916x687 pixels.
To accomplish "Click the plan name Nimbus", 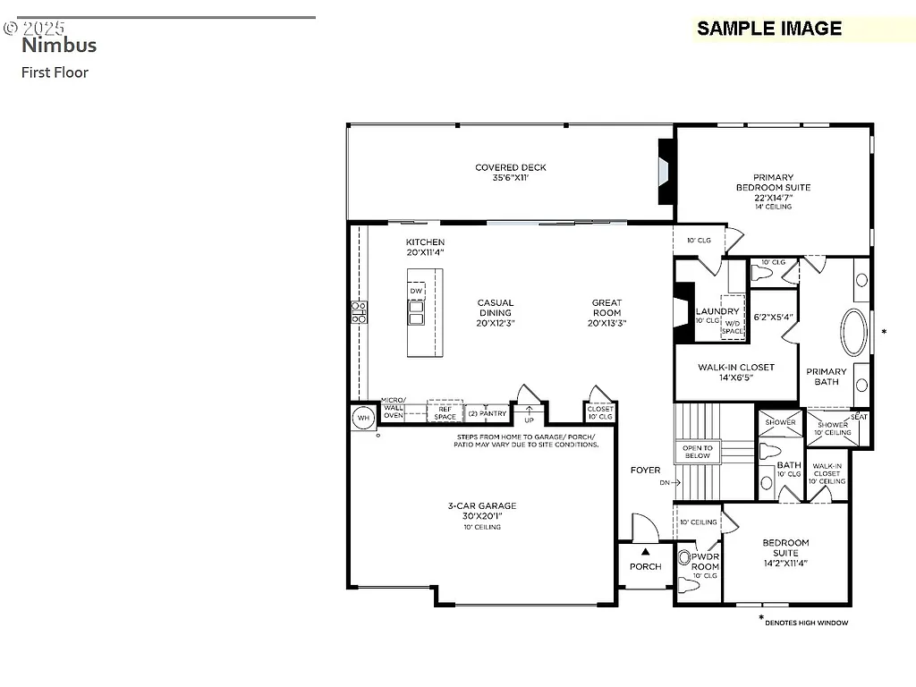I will [x=59, y=45].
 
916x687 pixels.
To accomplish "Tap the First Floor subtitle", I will [x=55, y=72].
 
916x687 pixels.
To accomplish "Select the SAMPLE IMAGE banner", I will [x=769, y=29].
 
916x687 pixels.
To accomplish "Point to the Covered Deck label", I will [x=510, y=173].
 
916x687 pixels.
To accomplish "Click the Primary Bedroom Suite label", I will [x=773, y=187].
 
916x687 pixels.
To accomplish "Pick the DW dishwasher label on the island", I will [x=416, y=292].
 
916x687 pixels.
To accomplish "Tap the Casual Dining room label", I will [x=496, y=312].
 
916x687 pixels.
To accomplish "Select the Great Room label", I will [x=606, y=312].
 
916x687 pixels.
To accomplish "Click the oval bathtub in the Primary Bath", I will [x=854, y=333].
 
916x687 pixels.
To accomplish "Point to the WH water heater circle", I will [x=363, y=417].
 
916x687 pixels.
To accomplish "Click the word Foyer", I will [x=645, y=470].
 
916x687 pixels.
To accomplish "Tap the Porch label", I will [x=645, y=566].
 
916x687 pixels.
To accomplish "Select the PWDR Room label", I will [x=705, y=561].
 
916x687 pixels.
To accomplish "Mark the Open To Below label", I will [x=697, y=452].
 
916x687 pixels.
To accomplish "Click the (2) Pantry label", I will [x=488, y=414].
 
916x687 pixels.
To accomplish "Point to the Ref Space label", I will [x=445, y=412].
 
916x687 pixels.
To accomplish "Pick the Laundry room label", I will [x=717, y=311].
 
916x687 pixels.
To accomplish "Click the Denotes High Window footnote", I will [x=806, y=623].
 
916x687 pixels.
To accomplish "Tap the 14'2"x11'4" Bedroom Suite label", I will [x=785, y=553].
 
